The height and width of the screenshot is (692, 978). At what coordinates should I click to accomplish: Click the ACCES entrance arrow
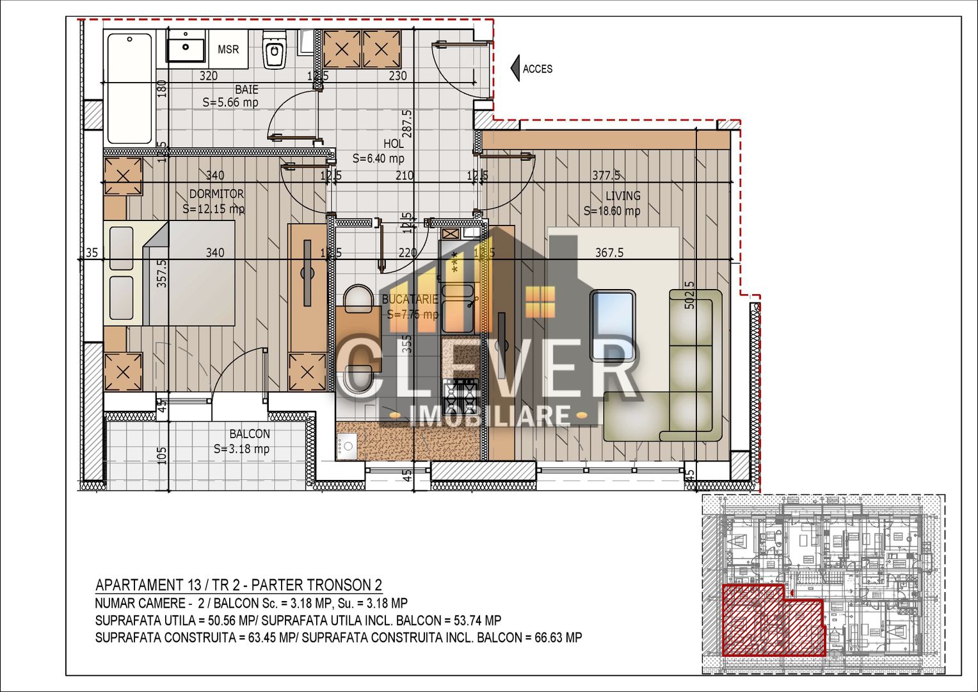click(515, 69)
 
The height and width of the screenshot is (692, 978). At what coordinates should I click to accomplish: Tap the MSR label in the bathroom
click(228, 49)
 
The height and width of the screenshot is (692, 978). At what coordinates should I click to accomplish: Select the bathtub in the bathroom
click(130, 88)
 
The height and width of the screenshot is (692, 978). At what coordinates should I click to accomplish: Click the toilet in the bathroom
click(275, 51)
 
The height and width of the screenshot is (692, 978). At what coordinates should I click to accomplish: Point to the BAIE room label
click(246, 89)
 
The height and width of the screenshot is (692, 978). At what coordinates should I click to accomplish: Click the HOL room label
click(394, 144)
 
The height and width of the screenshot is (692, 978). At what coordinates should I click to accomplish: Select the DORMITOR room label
click(216, 194)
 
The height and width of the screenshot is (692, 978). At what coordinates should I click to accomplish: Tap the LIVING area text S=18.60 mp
click(611, 211)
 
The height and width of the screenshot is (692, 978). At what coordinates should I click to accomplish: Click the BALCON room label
click(250, 434)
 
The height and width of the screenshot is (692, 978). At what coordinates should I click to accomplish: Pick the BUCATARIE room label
click(410, 299)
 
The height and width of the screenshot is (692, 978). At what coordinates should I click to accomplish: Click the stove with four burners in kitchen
click(461, 395)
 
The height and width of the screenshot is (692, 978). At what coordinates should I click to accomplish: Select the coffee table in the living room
click(613, 325)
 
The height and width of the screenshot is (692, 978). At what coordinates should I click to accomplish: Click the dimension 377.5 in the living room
click(605, 175)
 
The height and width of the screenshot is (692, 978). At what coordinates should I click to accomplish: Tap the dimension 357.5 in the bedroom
click(162, 272)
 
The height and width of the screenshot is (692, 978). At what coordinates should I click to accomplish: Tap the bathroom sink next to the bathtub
click(186, 48)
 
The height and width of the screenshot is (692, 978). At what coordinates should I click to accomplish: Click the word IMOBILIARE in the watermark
click(489, 416)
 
